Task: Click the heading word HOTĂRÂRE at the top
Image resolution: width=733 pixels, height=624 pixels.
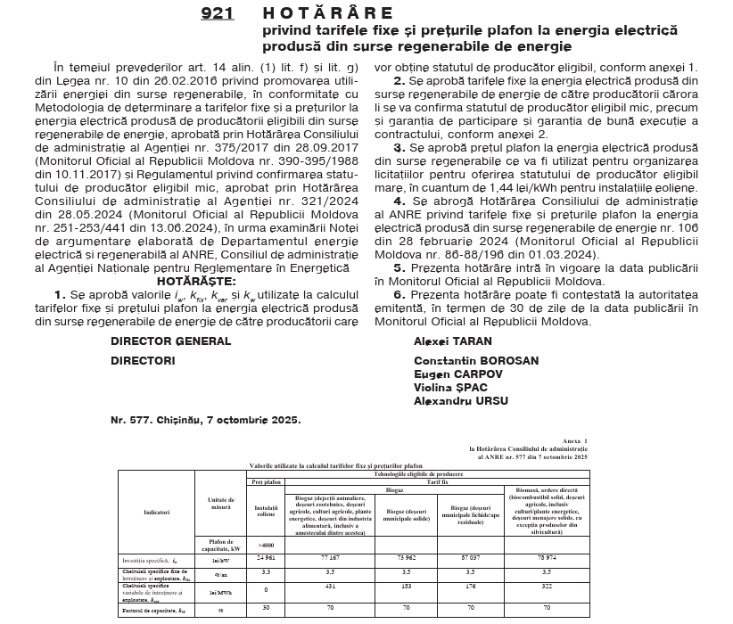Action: coord(327,13)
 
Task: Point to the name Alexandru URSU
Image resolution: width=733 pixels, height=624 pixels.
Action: coord(460,401)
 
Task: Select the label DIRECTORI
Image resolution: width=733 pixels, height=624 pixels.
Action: coord(143,361)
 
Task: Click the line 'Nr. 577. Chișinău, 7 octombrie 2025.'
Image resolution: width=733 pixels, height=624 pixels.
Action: coord(206,419)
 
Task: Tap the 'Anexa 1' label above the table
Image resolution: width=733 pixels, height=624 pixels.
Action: coord(575,441)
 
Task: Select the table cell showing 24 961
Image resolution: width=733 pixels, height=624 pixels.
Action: coord(267,557)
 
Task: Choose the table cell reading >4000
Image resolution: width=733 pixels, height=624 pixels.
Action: coord(267,544)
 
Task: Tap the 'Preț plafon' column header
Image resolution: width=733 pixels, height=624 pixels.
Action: coord(267,480)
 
